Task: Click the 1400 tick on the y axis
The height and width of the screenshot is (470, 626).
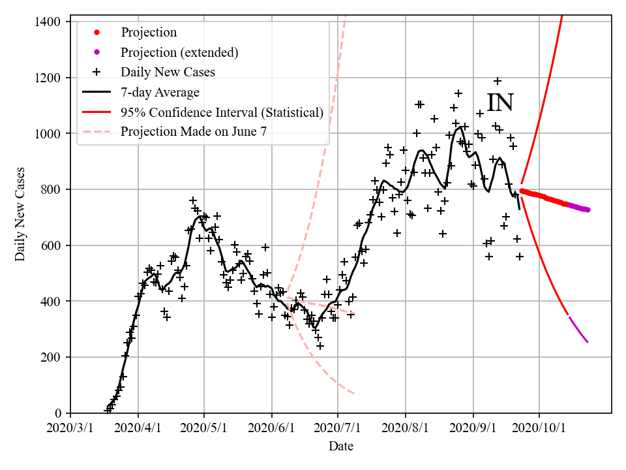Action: coord(47,22)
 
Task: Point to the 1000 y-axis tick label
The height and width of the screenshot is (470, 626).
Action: coord(47,134)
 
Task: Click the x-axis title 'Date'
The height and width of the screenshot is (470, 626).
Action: coord(341,446)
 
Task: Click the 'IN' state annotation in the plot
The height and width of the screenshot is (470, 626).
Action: coord(500,103)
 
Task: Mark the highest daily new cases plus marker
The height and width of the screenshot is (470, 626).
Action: coord(497,81)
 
